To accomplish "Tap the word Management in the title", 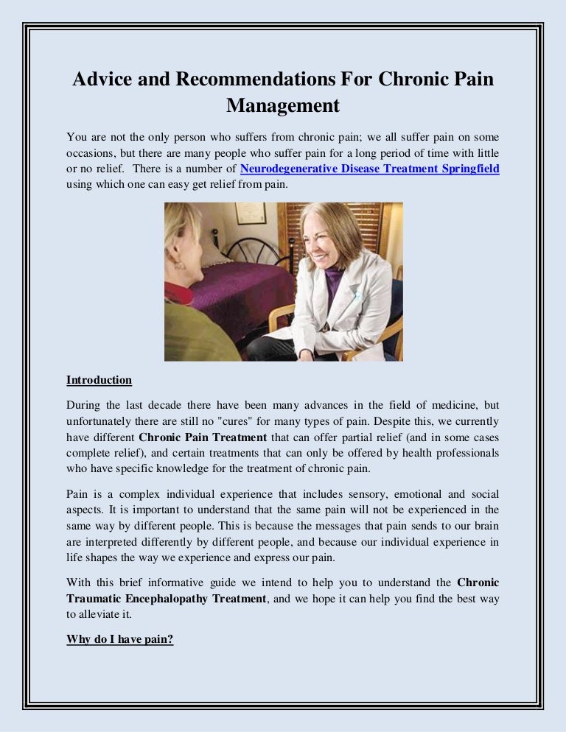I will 283,105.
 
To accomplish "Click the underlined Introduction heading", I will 99,380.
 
